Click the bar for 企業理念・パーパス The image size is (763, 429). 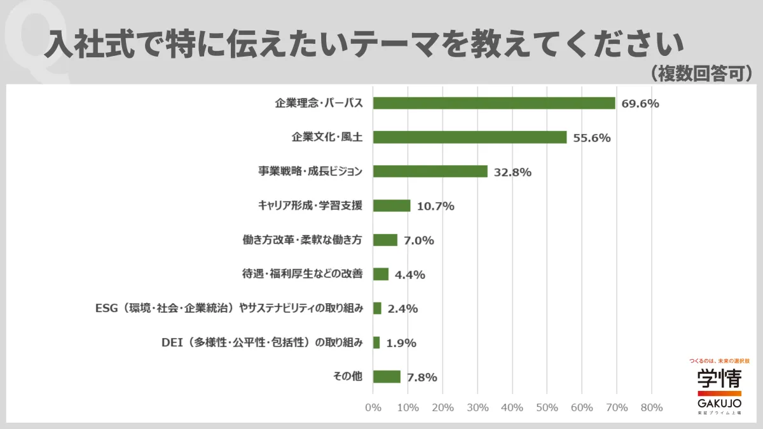[494, 103]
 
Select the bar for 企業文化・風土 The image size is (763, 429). [469, 137]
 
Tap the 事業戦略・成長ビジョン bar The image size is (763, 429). [430, 172]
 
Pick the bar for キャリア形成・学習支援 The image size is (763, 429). [392, 205]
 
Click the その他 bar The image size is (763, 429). [387, 377]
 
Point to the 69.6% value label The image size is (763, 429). [640, 104]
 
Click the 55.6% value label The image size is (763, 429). [591, 138]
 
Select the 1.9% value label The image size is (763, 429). [401, 343]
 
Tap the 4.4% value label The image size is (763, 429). [410, 275]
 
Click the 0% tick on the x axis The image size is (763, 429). [373, 407]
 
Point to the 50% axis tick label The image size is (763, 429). [547, 407]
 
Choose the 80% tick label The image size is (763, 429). [652, 407]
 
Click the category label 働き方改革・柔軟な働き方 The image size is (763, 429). [303, 240]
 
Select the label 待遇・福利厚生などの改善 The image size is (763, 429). [303, 274]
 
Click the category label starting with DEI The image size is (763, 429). [262, 343]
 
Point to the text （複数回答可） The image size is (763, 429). [701, 72]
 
